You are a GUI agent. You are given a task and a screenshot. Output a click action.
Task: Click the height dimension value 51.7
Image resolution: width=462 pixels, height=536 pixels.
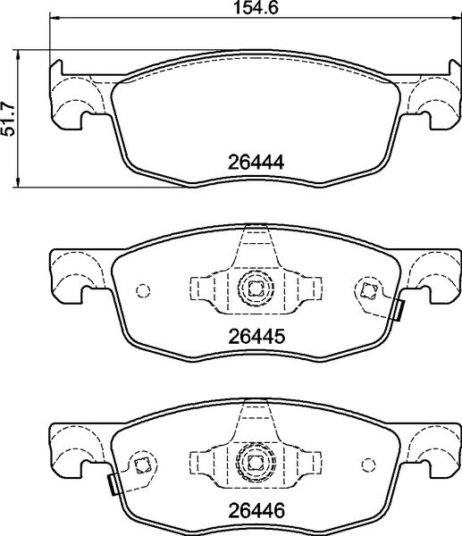click(10, 116)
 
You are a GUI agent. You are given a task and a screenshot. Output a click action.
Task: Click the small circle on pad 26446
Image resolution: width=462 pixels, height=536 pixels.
click(366, 464)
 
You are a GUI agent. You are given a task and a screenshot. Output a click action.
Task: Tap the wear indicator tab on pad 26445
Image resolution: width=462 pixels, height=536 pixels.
click(399, 309)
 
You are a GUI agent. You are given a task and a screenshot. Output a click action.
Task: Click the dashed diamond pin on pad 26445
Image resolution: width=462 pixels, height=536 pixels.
click(366, 289)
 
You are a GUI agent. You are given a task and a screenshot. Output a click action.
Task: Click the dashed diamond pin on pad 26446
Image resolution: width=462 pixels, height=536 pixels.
click(140, 464)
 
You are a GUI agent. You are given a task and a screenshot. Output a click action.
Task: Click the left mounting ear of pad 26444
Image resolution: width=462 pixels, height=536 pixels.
click(76, 98)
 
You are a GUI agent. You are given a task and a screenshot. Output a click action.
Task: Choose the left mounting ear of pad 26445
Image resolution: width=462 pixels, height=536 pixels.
click(76, 272)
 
